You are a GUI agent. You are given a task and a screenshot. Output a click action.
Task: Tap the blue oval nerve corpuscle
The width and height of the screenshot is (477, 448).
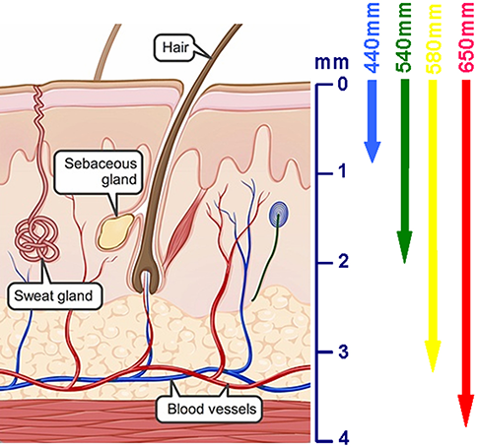(280, 215)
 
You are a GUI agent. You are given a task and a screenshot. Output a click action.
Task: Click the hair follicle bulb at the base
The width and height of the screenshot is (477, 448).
(146, 266)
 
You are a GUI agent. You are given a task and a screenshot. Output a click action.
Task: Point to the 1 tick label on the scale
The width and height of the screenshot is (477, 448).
(342, 172)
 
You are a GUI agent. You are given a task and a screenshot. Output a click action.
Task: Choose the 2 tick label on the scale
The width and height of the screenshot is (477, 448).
(342, 262)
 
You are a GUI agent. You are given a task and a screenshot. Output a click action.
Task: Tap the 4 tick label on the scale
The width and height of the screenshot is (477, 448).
(342, 437)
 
